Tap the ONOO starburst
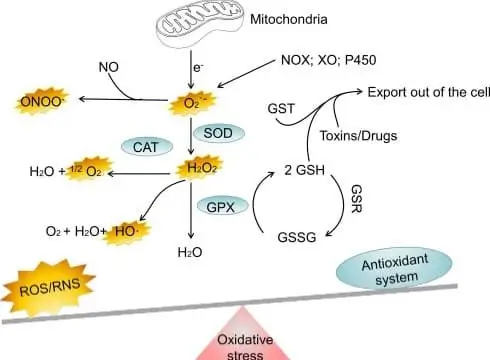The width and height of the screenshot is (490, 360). [x=41, y=101]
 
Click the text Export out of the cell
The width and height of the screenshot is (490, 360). [x=425, y=92]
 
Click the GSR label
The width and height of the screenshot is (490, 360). [x=384, y=194]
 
